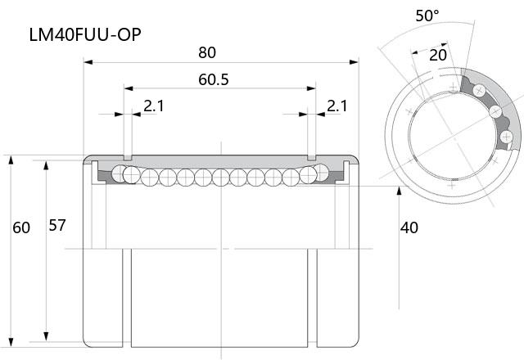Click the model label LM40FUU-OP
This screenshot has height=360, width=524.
tap(85, 34)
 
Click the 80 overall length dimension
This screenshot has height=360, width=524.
tap(207, 52)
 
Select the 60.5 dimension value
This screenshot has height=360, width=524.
tap(214, 79)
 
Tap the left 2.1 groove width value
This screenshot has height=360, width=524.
tap(154, 106)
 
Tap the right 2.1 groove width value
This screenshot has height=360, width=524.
tap(337, 106)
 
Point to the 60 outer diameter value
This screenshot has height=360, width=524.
tap(21, 227)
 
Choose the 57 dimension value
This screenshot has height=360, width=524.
tap(57, 226)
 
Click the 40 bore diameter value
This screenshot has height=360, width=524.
tap(409, 227)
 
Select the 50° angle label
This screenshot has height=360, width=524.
tap(427, 16)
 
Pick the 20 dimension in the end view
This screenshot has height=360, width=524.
tap(438, 55)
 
